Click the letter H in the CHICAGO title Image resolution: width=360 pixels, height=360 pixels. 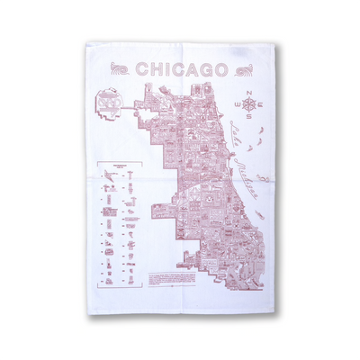pyautogui.click(x=152, y=69)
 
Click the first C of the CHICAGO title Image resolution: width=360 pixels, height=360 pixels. pyautogui.click(x=139, y=69)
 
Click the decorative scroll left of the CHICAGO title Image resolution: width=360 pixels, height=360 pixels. pyautogui.click(x=117, y=69)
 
